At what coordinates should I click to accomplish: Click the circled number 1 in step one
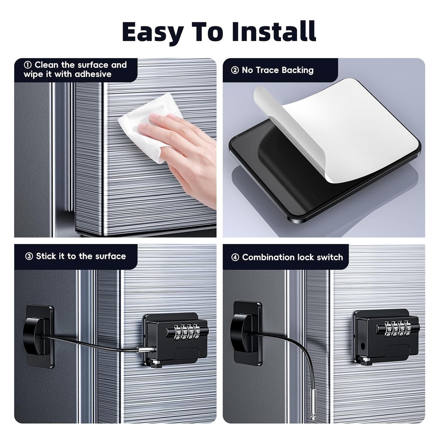tap(28, 65)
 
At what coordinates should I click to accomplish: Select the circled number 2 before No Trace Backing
tap(235, 70)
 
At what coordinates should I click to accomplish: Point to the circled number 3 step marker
tap(29, 256)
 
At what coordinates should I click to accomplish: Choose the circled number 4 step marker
tap(235, 257)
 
